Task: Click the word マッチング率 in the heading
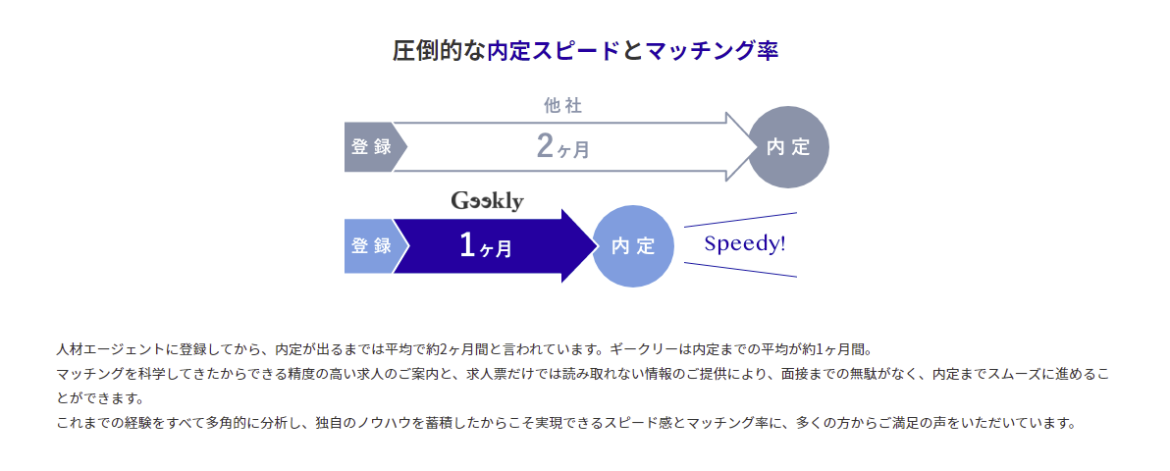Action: [712, 51]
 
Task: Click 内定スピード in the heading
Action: [553, 51]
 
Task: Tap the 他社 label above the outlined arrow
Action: [562, 106]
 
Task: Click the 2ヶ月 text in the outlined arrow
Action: [562, 147]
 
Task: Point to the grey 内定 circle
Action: [788, 147]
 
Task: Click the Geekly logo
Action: [487, 201]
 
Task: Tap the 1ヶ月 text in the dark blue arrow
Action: [486, 246]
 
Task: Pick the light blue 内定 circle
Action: [633, 246]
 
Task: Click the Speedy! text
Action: [745, 244]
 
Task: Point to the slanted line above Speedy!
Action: [740, 220]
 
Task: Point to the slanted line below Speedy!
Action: [740, 270]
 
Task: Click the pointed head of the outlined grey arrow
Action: [755, 147]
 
